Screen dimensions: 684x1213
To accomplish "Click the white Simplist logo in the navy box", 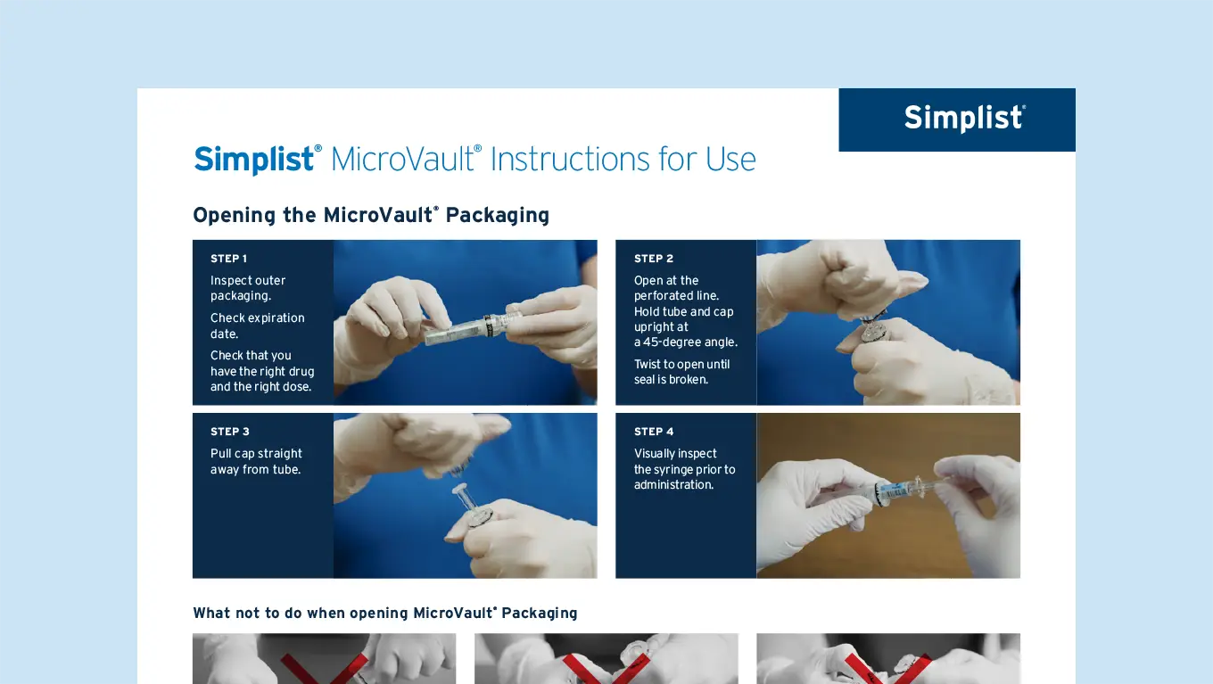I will pos(964,119).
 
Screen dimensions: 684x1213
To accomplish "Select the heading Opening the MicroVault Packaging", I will pos(370,215).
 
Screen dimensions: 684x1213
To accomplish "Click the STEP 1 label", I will pos(228,259).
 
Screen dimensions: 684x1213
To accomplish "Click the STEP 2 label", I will pos(653,259).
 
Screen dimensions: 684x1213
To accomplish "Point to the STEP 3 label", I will pos(229,432).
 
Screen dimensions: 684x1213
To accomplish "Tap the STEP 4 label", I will pos(653,432).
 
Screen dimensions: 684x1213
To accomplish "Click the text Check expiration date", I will pos(257,326).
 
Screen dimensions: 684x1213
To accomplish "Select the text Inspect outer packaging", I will pos(248,288).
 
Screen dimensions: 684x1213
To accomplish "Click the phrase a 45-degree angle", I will pos(685,342).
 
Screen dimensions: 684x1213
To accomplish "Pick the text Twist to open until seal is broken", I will pos(681,372).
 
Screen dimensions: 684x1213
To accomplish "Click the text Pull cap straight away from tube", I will pos(256,461).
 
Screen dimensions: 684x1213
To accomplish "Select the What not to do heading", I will pos(384,613).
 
